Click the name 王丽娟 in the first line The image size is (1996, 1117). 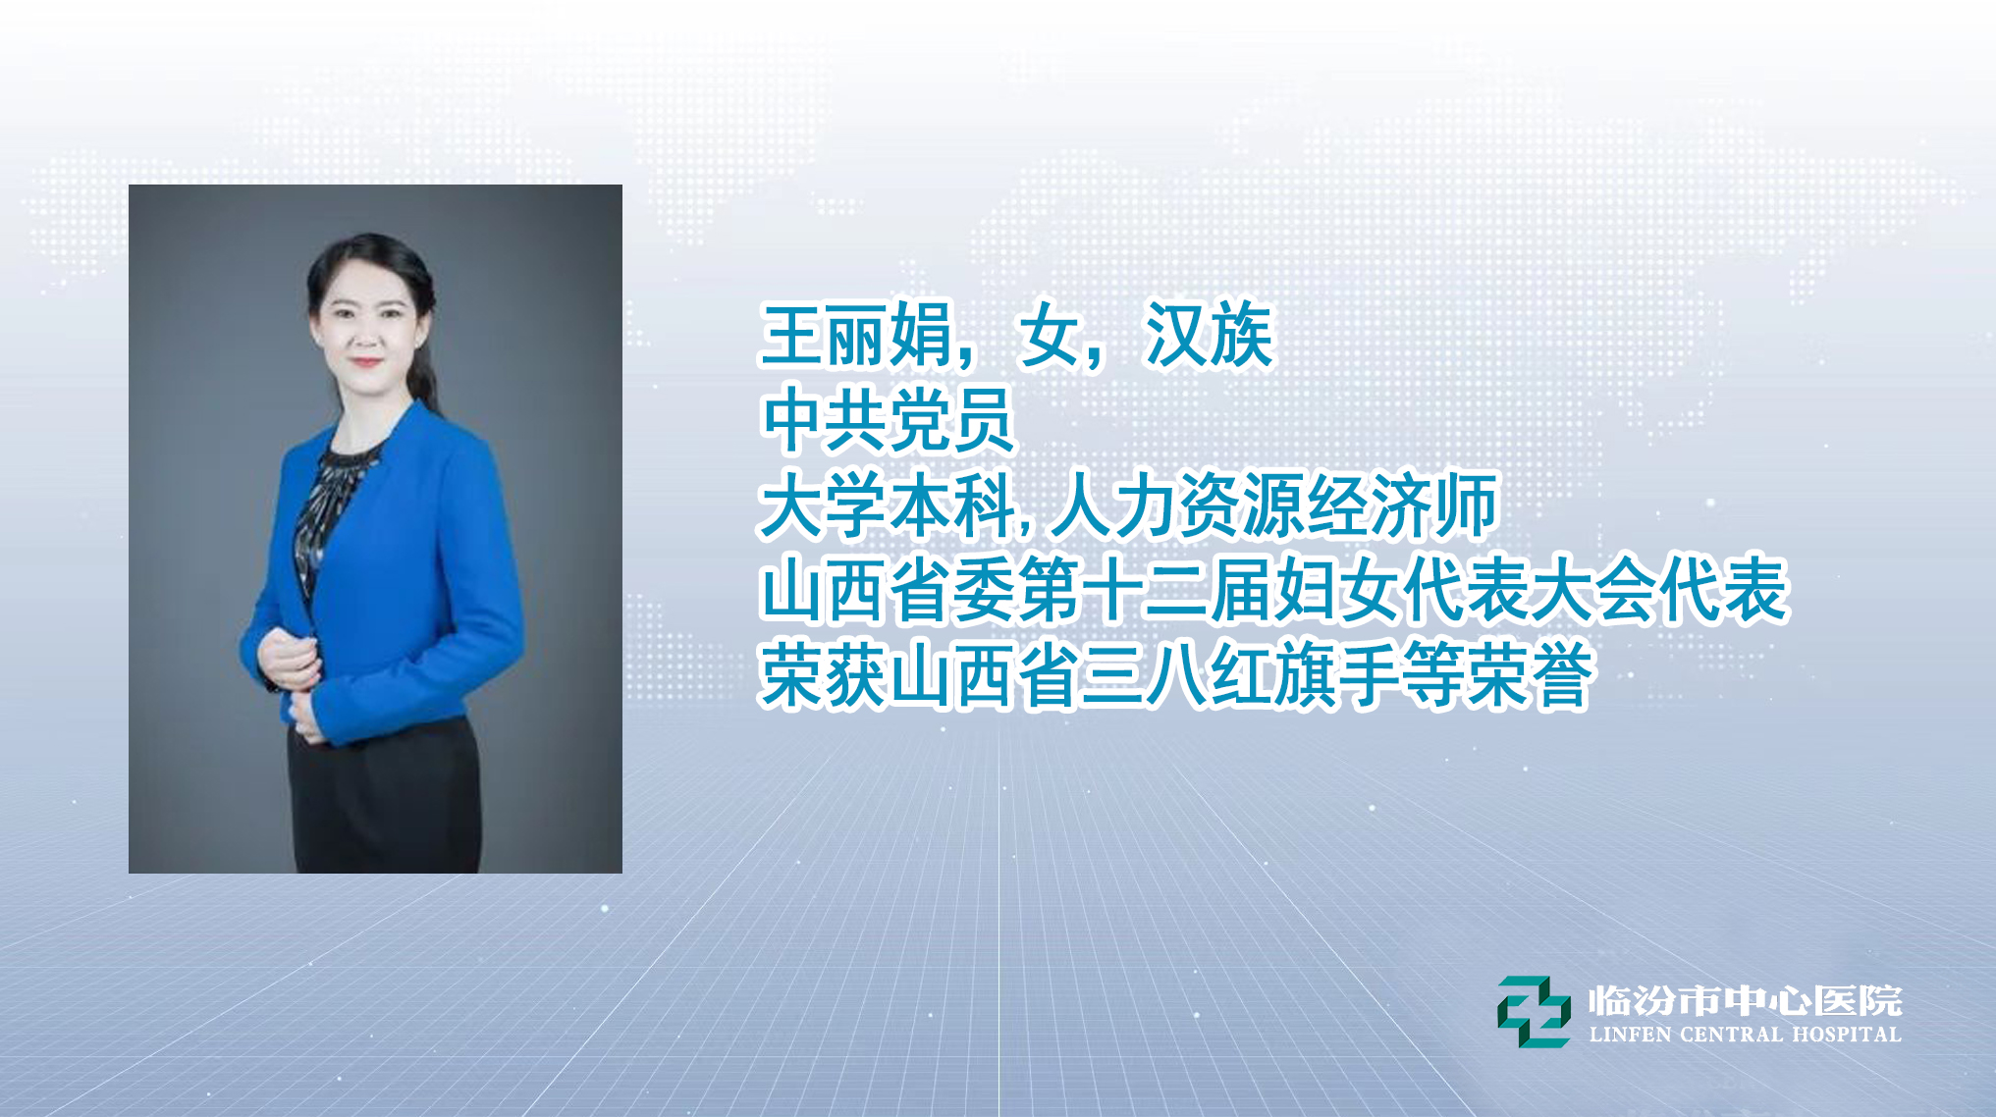point(856,336)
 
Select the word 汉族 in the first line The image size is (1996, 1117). point(1209,336)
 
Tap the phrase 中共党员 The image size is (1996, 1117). point(888,420)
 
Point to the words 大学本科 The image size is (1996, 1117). point(888,505)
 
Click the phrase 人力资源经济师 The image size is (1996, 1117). point(1273,505)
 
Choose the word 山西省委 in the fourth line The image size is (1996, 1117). point(888,591)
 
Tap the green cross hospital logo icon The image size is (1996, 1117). point(1533,1011)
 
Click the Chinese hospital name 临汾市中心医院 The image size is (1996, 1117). point(1745,1001)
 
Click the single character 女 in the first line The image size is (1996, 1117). point(1049,336)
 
